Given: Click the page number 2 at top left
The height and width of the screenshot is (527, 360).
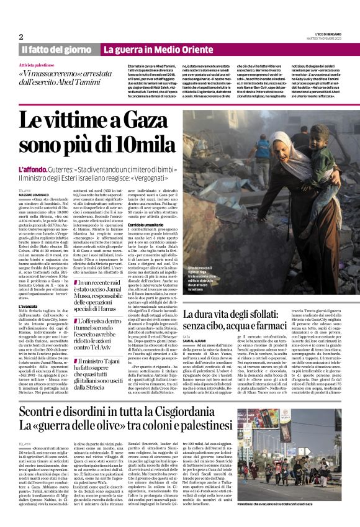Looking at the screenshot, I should pyautogui.click(x=20, y=36).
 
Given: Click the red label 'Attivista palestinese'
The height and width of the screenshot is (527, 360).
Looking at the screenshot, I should pyautogui.click(x=37, y=65).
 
